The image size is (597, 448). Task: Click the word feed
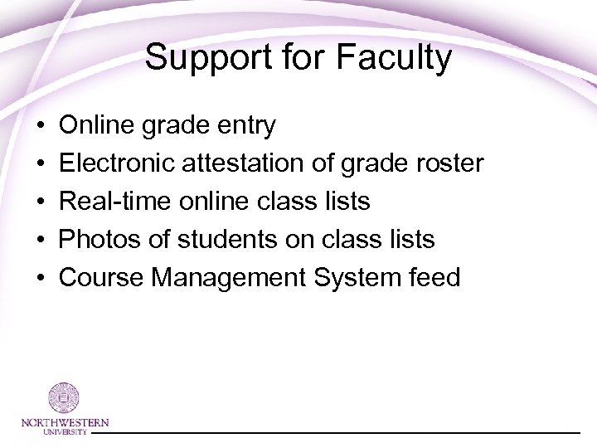pyautogui.click(x=433, y=277)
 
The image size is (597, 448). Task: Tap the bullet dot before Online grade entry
pyautogui.click(x=41, y=126)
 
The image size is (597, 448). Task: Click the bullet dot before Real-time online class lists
pyautogui.click(x=41, y=202)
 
